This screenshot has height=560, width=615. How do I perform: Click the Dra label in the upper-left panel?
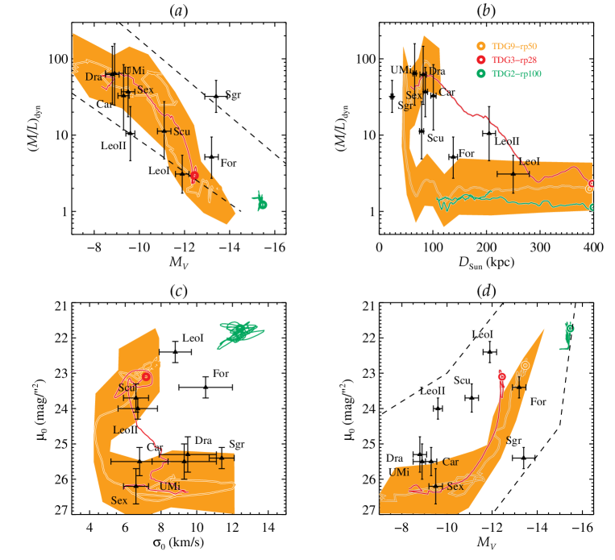93,77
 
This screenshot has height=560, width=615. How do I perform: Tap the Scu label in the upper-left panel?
181,131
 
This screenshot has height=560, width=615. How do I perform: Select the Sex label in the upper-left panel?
145,89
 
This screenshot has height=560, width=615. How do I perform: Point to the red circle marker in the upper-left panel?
194,175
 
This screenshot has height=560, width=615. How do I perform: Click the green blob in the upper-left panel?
260,201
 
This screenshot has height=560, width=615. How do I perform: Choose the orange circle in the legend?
480,47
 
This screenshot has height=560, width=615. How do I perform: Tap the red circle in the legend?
480,60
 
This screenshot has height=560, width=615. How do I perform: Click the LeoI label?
530,162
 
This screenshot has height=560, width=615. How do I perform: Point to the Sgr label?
407,106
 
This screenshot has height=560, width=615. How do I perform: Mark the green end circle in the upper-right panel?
593,207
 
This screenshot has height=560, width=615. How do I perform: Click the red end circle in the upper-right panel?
592,184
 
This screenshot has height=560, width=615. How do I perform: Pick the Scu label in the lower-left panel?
127,388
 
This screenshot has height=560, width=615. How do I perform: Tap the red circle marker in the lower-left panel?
146,376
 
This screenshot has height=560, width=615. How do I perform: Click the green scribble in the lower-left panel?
239,333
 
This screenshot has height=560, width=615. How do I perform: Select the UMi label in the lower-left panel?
170,487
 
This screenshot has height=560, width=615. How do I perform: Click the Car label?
451,463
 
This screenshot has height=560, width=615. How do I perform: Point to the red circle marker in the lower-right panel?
502,375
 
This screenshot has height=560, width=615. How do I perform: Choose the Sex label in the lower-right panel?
455,487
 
